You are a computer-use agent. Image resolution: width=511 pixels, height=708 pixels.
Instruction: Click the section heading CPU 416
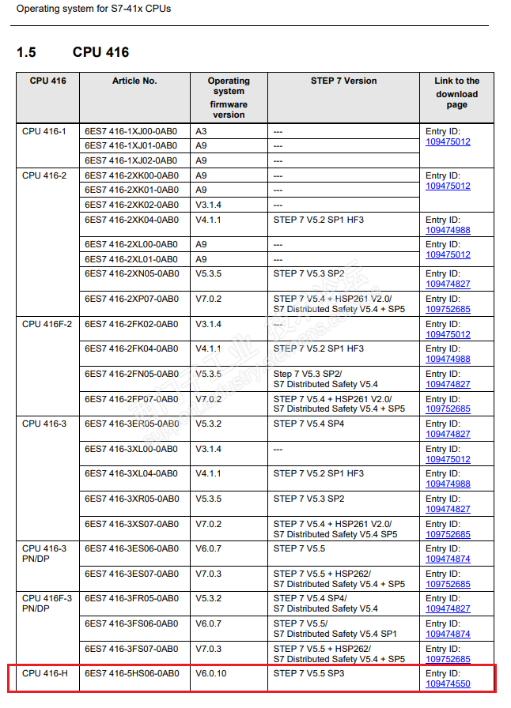[100, 52]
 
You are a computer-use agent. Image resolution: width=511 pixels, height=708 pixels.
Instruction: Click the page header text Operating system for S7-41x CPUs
[93, 9]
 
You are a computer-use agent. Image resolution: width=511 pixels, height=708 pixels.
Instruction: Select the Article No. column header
[134, 81]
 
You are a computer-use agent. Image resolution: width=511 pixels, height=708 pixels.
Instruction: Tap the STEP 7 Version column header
[343, 81]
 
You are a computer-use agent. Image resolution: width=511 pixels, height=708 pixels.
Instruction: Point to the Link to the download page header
[456, 92]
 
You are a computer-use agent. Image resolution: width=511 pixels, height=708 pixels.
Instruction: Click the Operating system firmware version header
[229, 97]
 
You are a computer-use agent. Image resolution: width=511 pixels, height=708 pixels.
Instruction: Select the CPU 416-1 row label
[44, 131]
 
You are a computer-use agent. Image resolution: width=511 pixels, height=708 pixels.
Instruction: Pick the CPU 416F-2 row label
[47, 324]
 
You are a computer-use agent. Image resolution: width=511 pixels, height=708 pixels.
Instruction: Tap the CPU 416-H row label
[44, 673]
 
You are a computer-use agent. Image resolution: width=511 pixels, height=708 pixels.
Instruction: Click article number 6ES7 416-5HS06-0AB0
[132, 673]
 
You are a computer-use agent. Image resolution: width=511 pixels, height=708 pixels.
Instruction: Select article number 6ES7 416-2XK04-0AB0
[132, 220]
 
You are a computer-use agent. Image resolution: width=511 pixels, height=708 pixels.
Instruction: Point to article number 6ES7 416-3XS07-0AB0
[132, 524]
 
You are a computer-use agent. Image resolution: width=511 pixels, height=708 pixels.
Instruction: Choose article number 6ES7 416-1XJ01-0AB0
[132, 145]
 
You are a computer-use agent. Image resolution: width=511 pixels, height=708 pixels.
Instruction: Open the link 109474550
[448, 684]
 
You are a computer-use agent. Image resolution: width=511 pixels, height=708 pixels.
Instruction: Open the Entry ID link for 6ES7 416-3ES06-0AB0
[448, 559]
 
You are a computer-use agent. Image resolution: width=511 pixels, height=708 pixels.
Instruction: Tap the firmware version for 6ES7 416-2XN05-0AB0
[210, 273]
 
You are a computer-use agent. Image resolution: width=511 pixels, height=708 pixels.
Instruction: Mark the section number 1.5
[26, 52]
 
